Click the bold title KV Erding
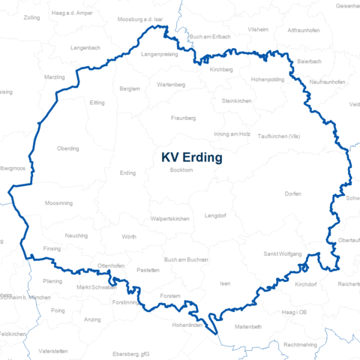191,158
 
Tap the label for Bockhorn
181,171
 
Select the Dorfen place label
292,194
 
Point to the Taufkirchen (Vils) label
278,136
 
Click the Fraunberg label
183,118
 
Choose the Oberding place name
67,148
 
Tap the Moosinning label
59,203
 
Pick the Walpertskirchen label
169,218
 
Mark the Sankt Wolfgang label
282,254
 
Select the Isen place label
225,284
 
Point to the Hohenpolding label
268,79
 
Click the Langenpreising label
160,55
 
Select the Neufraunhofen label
327,81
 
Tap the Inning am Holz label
232,133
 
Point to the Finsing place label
52,248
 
